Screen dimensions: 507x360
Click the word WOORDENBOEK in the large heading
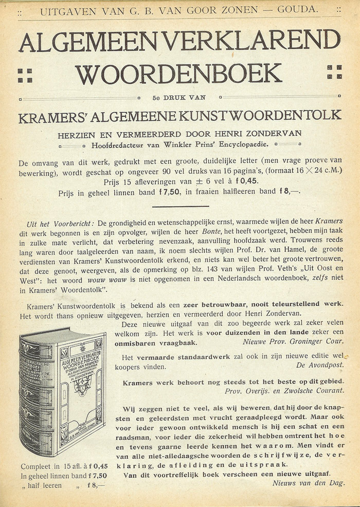[178, 74]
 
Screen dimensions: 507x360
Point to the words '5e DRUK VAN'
[179, 97]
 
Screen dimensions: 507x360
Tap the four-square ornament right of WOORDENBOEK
[334, 73]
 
